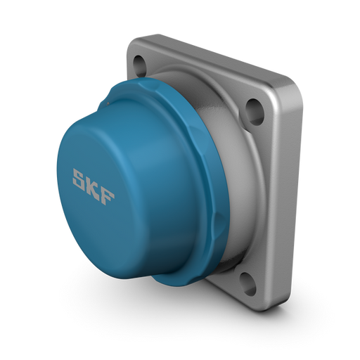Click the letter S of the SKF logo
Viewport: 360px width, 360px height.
click(x=80, y=178)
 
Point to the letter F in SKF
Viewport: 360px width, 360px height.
click(x=106, y=197)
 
